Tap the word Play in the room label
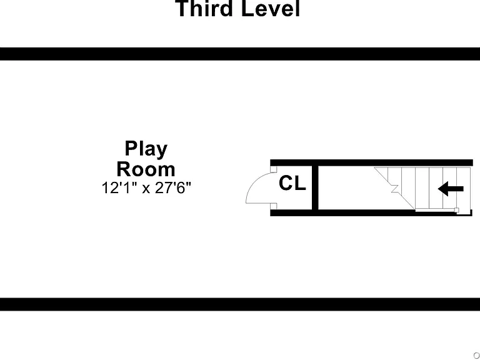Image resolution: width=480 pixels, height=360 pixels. (x=146, y=149)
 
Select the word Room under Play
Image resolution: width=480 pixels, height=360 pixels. (x=146, y=169)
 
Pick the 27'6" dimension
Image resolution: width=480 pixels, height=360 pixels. (x=173, y=187)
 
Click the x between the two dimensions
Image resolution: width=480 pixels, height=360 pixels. (x=146, y=189)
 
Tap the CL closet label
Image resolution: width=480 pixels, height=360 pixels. (x=292, y=183)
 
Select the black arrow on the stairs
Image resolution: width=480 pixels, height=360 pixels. (x=451, y=189)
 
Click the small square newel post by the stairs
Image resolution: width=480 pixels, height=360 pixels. (x=456, y=210)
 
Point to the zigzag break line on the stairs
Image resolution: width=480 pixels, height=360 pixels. (x=394, y=187)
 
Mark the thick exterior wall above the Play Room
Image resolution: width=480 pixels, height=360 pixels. (x=240, y=54)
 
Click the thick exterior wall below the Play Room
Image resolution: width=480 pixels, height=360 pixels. (x=240, y=304)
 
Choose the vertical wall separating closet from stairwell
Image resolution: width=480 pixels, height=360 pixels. (x=315, y=187)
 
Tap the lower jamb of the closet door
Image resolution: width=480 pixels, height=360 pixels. (x=274, y=206)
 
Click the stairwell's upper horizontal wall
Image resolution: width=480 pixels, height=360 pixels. (x=371, y=163)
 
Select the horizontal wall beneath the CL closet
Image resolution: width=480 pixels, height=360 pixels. (x=291, y=212)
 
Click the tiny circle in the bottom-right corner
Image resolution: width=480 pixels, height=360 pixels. (x=477, y=355)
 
